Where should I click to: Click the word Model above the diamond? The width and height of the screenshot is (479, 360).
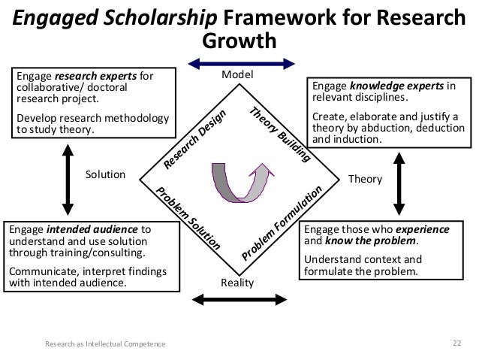click(238, 76)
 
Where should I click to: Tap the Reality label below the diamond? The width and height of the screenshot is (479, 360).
click(238, 283)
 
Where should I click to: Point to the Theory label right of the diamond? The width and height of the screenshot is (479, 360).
click(366, 180)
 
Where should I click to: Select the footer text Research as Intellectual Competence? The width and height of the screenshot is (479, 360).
click(105, 345)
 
